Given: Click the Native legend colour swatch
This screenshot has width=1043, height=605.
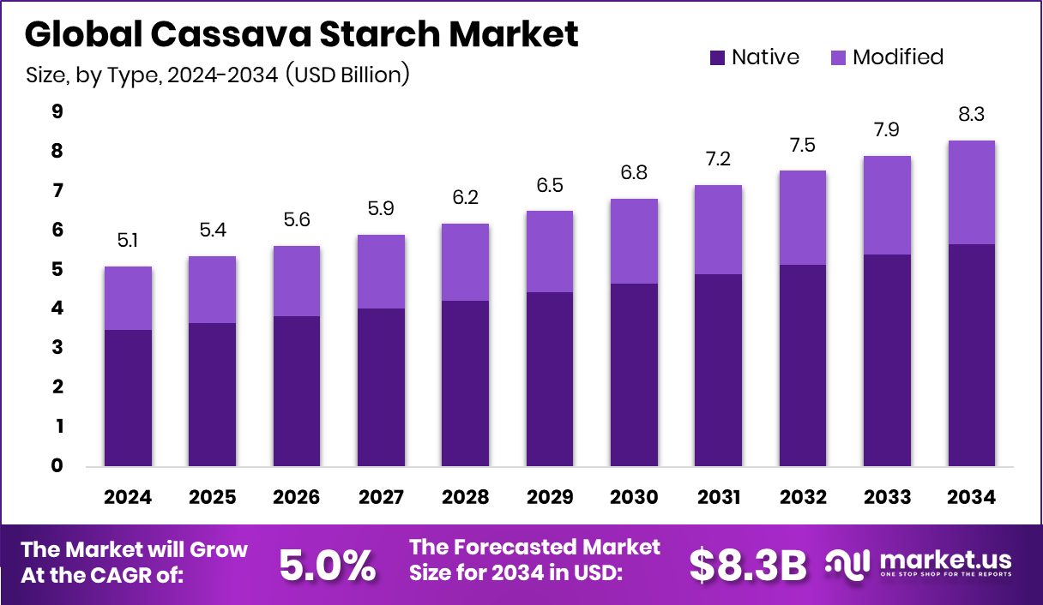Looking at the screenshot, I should tap(717, 58).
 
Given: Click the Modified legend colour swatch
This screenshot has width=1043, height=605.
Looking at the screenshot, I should tap(838, 58).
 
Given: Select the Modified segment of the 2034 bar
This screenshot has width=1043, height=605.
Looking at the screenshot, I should tap(971, 192).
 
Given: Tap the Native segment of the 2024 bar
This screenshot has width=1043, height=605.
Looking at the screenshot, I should tap(128, 398).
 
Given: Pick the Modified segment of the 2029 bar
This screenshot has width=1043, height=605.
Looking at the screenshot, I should tap(549, 251).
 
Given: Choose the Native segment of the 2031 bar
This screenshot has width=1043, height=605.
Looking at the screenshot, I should tap(718, 370).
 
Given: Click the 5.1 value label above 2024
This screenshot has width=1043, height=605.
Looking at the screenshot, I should tap(128, 242).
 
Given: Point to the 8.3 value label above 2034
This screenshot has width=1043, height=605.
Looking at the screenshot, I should tap(971, 116).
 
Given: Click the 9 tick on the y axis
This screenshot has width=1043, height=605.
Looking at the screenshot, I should tap(57, 111).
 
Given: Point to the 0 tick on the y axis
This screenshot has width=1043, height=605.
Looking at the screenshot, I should tap(57, 466).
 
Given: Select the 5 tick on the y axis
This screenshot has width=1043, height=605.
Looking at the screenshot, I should tap(57, 269).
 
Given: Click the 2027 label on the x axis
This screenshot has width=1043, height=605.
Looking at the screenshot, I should tap(381, 498).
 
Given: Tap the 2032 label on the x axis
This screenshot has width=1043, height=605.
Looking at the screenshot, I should tap(803, 498).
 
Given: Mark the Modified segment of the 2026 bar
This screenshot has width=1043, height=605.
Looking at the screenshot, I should tap(297, 281).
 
